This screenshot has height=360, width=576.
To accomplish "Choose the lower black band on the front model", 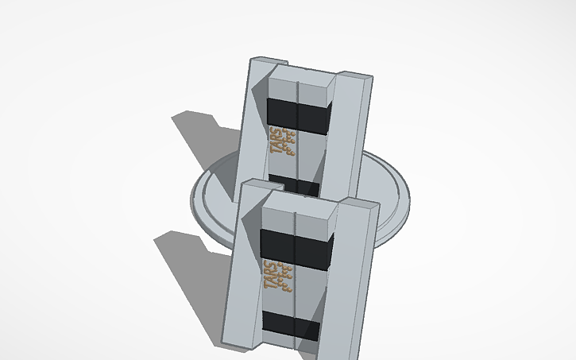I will [x=292, y=326].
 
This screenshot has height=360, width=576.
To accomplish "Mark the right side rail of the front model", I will [x=357, y=270].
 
